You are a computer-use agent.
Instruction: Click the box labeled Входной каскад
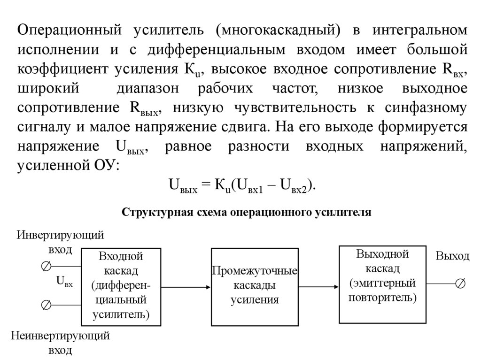coord(122,287)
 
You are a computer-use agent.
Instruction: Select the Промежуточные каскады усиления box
coord(255,287)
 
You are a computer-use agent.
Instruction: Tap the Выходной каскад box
coord(381,284)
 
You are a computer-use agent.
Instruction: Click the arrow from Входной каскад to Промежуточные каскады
coord(186,287)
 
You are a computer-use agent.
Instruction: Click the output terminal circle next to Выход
coord(460,283)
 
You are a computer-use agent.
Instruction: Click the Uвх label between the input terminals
coord(64,282)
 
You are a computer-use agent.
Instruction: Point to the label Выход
coord(452,256)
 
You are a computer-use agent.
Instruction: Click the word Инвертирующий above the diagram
coord(61,235)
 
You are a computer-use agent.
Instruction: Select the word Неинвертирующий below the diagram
coord(61,336)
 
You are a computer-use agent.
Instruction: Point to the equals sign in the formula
coord(203,185)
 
